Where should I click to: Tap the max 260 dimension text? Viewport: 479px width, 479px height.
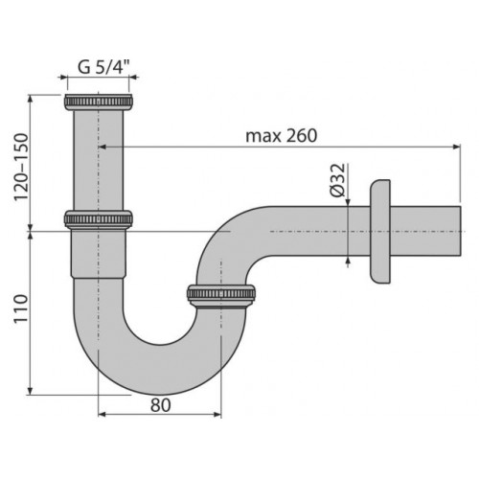click(282, 136)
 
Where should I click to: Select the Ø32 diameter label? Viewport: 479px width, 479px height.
click(338, 180)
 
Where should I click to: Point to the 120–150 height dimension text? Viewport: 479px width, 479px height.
click(21, 167)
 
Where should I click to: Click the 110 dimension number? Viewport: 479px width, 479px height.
click(21, 309)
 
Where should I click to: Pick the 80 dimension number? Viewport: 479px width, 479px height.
click(161, 405)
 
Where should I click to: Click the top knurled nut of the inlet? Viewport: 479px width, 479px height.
click(99, 102)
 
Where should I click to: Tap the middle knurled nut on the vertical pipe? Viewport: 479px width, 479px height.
click(99, 219)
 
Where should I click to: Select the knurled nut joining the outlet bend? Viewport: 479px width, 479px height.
click(221, 296)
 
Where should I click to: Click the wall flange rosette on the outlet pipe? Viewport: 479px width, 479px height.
click(380, 231)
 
